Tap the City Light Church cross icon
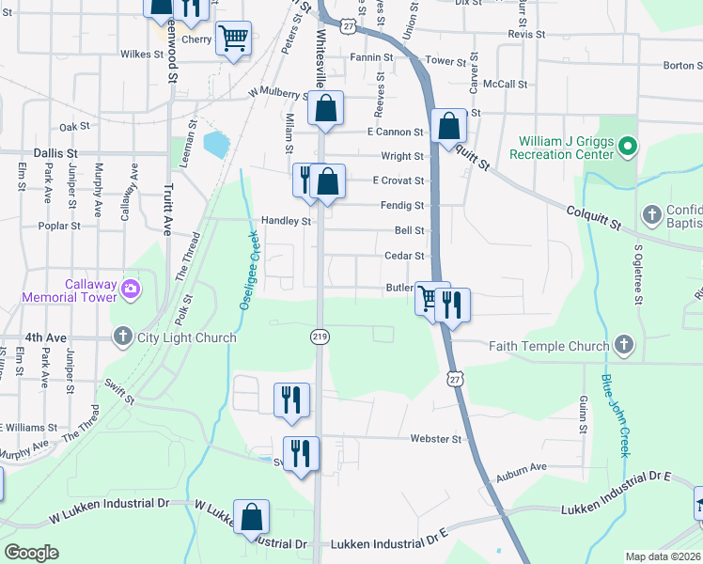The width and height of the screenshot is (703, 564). coord(123,337)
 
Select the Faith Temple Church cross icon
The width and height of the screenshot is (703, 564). coord(622,346)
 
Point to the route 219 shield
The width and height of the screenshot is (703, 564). coord(320,336)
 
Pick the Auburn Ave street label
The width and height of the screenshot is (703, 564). coord(522,466)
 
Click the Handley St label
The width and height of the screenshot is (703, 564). coord(286,221)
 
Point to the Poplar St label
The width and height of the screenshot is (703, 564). coord(55,226)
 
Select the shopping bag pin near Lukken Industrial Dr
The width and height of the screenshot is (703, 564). coord(252,516)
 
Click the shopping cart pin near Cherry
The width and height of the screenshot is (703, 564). coord(232,39)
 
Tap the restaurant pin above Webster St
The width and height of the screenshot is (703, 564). coord(291,399)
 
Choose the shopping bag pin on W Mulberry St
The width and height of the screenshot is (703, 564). coord(325,108)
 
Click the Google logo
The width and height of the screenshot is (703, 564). coord(32,552)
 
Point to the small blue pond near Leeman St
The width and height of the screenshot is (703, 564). coord(215,144)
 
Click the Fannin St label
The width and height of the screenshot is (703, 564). coord(371,57)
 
